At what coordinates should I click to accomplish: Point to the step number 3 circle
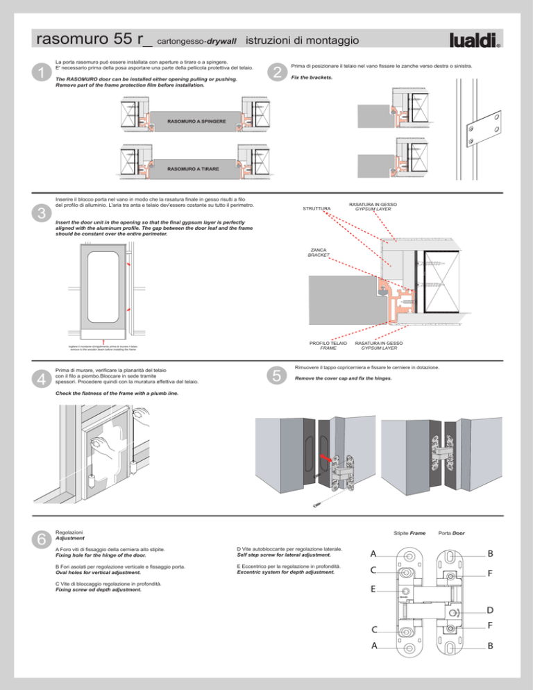point(43,212)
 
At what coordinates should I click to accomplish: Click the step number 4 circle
point(43,378)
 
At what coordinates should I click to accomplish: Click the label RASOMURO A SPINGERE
point(196,121)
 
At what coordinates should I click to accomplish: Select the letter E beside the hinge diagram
point(373,589)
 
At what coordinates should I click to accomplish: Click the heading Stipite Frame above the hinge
point(409,532)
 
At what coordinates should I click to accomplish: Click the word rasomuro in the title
point(71,40)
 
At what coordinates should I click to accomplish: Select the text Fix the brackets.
point(309,77)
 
